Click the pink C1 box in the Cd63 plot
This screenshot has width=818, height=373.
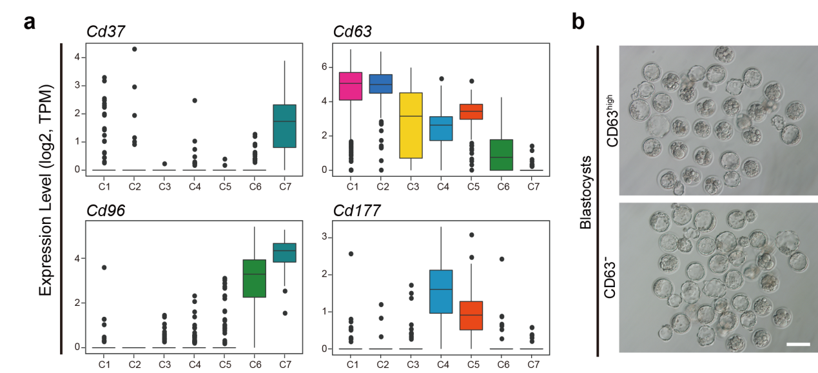[x=351, y=86]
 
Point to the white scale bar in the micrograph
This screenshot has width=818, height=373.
[x=797, y=345]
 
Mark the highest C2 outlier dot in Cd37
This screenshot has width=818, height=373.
[x=133, y=49]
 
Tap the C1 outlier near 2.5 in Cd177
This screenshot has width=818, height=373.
[x=351, y=254]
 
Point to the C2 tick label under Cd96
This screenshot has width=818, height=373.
[x=134, y=365]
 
